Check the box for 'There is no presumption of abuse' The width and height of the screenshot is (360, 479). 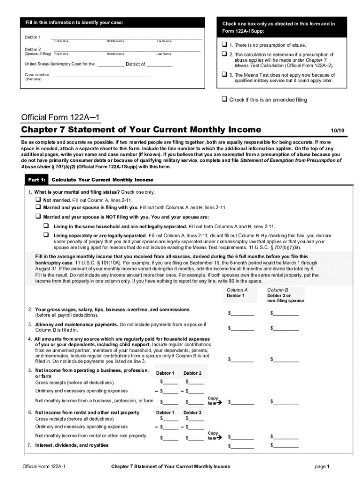pos(224,45)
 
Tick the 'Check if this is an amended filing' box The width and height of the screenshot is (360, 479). pos(224,99)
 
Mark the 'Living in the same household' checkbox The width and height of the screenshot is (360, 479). pos(46,225)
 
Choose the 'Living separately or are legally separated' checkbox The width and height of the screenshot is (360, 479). pos(46,235)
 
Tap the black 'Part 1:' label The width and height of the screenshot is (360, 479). pos(36,180)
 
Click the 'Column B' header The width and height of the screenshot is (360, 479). pos(278,290)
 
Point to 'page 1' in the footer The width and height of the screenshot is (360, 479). pos(323,466)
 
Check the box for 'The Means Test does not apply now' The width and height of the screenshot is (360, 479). pos(224,74)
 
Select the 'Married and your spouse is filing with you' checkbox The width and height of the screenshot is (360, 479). pos(38,207)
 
